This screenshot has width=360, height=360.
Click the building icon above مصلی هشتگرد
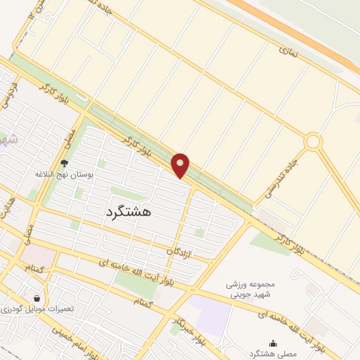(274, 342)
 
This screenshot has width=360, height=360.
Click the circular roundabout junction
(313, 141)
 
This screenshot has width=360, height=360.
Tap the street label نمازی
(288, 50)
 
